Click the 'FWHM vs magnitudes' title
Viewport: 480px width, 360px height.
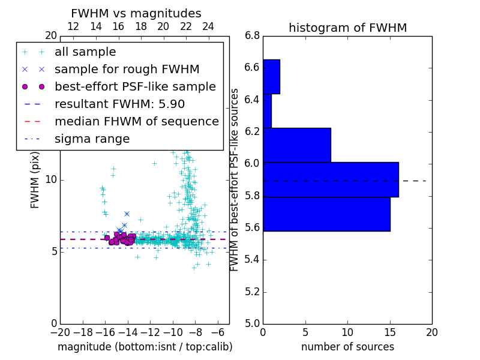click(x=136, y=14)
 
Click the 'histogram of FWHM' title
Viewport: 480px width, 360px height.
click(x=347, y=28)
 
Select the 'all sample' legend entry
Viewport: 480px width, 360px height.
click(x=85, y=52)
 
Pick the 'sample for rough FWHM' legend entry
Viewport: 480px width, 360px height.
click(x=127, y=69)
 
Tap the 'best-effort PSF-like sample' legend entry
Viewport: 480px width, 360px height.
click(x=135, y=86)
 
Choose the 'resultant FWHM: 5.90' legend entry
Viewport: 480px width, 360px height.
click(x=119, y=104)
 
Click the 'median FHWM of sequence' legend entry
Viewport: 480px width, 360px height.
click(x=136, y=121)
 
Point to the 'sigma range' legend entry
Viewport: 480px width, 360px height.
click(x=92, y=139)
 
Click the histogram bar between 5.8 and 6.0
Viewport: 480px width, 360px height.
click(x=331, y=179)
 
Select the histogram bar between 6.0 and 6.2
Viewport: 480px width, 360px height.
click(x=297, y=145)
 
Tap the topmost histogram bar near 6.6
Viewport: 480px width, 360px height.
click(x=271, y=76)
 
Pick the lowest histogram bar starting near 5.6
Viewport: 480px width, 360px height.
click(x=326, y=214)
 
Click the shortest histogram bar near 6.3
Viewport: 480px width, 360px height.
click(x=267, y=110)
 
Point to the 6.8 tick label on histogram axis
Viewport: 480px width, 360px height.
click(x=253, y=36)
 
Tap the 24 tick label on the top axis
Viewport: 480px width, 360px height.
click(x=208, y=26)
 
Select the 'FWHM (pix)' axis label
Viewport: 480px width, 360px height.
click(x=35, y=179)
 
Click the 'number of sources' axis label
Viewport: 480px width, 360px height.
click(x=347, y=347)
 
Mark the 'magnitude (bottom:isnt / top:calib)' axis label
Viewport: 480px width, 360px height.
click(x=145, y=347)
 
